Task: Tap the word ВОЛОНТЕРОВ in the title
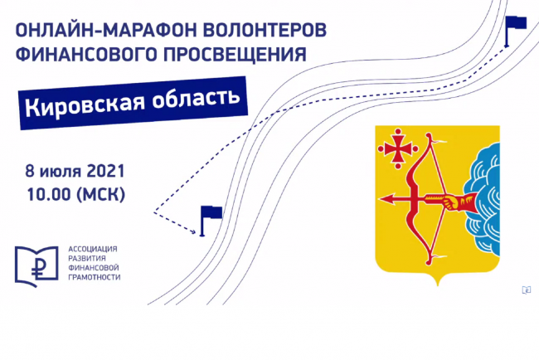point(265,30)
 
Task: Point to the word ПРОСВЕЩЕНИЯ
point(235,54)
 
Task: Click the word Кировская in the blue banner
point(85,105)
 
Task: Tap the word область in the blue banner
point(196,97)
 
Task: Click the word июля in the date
point(61,172)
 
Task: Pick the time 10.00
point(48,195)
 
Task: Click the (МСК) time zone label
point(100,195)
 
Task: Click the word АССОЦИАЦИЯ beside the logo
point(93,250)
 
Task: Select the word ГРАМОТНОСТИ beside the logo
point(95,277)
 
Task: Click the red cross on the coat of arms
point(398,148)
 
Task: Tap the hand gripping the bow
point(451,202)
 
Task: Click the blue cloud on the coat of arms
point(483,199)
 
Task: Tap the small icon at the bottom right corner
point(527,290)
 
